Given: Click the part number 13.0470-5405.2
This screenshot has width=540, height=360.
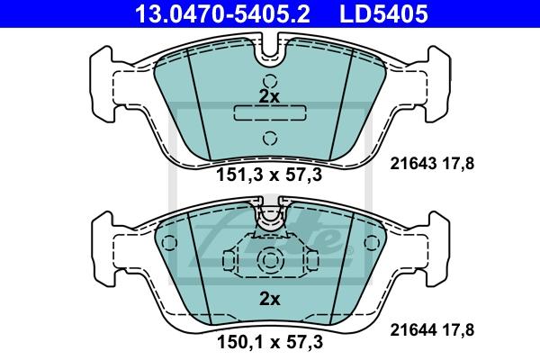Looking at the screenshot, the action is (x=222, y=13).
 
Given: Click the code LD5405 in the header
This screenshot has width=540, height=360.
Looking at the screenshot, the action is (x=383, y=13).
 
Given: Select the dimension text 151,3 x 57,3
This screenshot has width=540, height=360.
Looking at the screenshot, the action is (x=269, y=175).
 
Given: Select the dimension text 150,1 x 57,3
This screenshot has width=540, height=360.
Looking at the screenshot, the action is (x=270, y=342).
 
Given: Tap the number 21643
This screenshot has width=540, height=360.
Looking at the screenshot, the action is (x=413, y=163).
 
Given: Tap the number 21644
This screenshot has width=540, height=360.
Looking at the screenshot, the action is (x=413, y=330).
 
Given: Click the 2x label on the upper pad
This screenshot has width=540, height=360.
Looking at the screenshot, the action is (x=269, y=97).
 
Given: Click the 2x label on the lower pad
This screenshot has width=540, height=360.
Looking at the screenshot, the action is (x=270, y=299).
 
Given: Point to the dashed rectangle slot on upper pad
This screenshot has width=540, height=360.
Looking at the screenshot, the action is (x=270, y=112).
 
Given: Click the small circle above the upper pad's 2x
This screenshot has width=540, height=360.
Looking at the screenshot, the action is (x=270, y=81).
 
